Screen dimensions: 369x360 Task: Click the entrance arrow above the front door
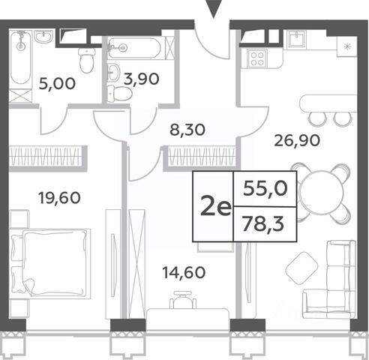[213, 9]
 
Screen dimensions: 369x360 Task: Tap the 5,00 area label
[57, 83]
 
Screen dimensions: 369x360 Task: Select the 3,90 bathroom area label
[141, 79]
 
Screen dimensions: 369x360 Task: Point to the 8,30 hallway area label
[187, 130]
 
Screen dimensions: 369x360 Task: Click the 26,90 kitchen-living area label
[297, 140]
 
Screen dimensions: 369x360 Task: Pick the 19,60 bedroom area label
[59, 198]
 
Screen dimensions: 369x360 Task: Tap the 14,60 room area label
[184, 272]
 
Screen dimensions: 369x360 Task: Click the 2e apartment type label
[215, 208]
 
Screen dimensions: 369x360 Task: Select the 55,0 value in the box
[265, 188]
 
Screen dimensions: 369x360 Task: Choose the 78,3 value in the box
[263, 224]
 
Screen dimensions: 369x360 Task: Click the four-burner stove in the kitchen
[257, 58]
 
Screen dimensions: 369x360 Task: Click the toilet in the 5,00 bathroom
[87, 61]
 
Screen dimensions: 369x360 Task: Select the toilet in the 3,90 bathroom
[119, 94]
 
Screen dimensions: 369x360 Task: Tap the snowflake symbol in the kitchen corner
[346, 46]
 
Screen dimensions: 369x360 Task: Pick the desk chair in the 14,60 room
[183, 299]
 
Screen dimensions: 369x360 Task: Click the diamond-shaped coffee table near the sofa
[301, 268]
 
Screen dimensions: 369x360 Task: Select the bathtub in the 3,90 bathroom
[135, 48]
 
